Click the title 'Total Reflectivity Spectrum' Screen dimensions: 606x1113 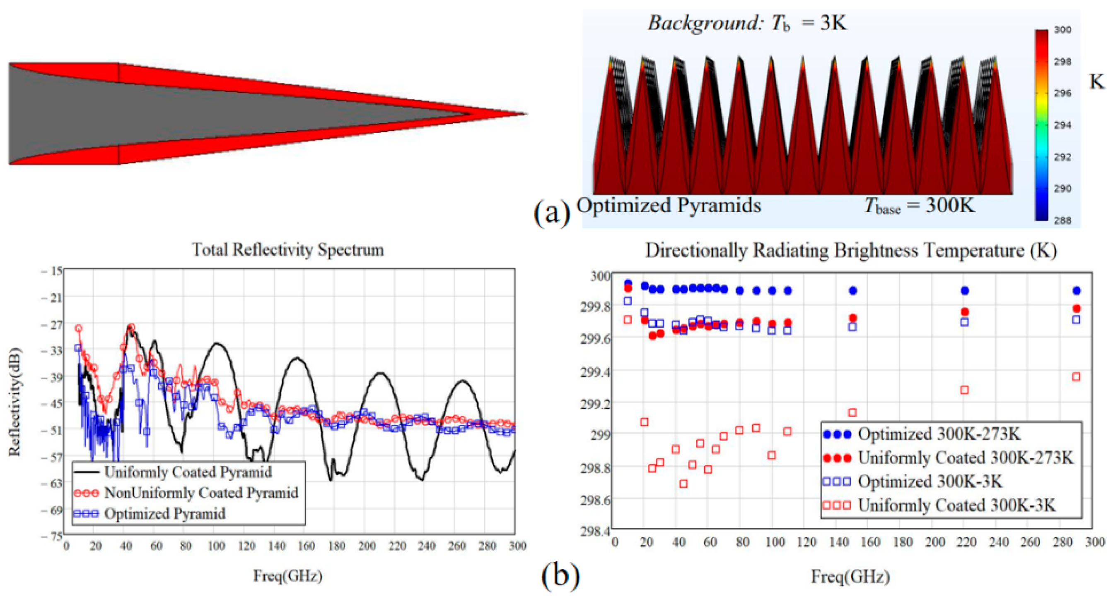click(288, 250)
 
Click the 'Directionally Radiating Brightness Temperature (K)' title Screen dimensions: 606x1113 click(851, 251)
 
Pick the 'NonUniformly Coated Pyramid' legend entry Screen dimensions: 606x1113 click(201, 493)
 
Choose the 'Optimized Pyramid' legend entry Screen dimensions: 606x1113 click(164, 514)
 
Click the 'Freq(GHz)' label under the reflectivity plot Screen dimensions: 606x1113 click(288, 576)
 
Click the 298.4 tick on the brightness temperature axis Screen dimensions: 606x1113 click(596, 531)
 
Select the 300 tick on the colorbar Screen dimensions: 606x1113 click(1062, 30)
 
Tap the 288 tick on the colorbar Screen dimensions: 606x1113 click(1062, 220)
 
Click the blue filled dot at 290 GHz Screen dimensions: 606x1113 click(1076, 291)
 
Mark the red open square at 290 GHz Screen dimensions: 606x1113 click(1076, 377)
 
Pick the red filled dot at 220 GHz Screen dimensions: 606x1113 click(964, 312)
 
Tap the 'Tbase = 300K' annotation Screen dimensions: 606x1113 click(919, 206)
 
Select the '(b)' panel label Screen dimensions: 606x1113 click(560, 575)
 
